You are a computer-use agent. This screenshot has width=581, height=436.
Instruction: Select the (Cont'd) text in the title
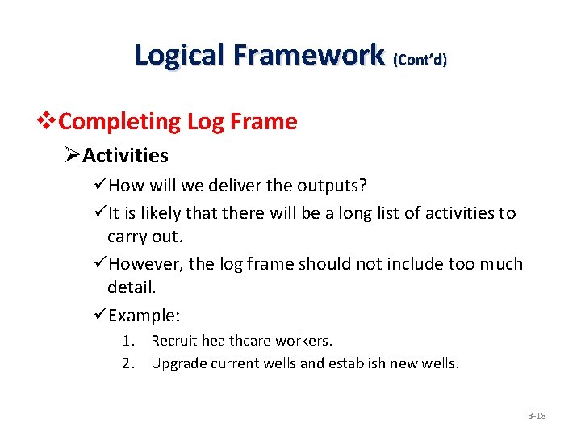click(x=420, y=59)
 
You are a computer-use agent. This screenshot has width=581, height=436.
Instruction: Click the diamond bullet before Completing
click(x=50, y=122)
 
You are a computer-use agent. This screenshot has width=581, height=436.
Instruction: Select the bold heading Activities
click(x=125, y=155)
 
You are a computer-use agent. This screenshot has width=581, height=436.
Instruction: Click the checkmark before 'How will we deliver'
click(x=100, y=186)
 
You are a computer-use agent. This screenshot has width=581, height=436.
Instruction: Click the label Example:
click(x=144, y=316)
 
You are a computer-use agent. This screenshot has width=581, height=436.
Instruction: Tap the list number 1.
click(x=127, y=341)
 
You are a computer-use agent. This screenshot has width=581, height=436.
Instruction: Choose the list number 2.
click(x=127, y=363)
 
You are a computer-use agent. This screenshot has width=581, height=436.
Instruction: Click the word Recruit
click(x=174, y=341)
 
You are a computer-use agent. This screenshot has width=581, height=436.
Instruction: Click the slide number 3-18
click(x=537, y=416)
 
